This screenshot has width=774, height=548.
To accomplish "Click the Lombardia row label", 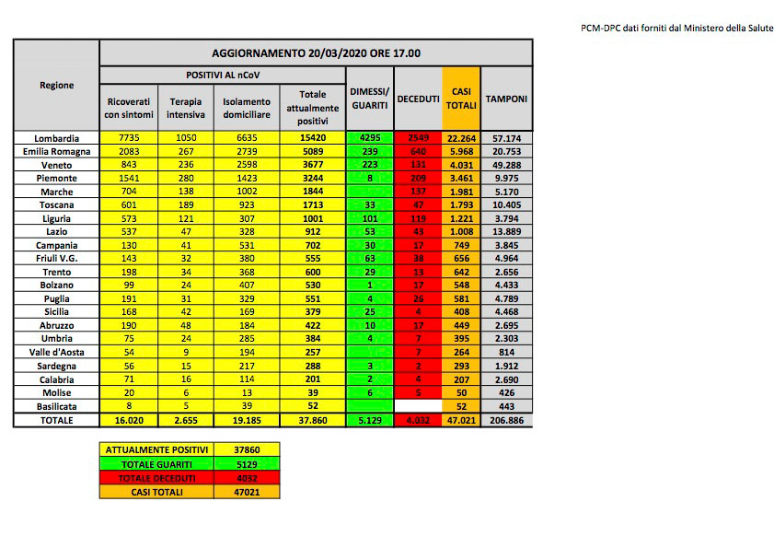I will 57,138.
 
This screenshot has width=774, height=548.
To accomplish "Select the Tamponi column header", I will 506,98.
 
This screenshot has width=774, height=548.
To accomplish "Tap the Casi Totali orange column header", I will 461,98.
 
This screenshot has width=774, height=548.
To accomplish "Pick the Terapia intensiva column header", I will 185,108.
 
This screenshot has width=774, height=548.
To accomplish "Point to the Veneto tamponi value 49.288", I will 506,165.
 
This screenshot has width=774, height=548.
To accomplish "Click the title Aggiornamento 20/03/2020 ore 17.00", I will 316,52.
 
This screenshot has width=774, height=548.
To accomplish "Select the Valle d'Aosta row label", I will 57,353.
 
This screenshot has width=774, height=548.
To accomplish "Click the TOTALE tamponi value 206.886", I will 506,420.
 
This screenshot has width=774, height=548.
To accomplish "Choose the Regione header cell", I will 57,85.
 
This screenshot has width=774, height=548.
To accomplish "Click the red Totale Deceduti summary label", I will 156,479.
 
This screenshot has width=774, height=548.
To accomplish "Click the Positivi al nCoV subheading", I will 222,74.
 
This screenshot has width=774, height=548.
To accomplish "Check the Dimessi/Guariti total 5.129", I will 370,420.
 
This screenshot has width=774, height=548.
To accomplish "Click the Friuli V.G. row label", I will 57,259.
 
